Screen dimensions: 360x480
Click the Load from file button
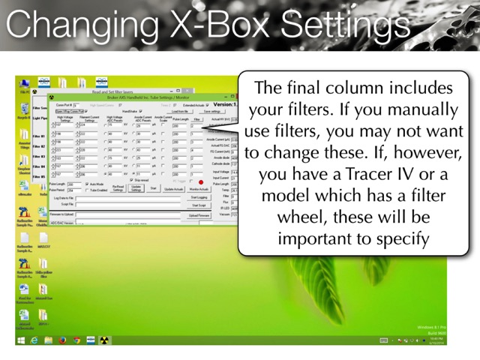(x=181, y=111)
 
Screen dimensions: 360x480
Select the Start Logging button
(x=199, y=197)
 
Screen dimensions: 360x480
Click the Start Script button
(x=199, y=205)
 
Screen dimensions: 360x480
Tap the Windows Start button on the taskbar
(x=21, y=339)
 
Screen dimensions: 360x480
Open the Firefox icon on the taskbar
(x=61, y=339)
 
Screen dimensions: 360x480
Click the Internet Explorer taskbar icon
(x=34, y=339)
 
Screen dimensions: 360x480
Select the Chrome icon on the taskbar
(x=75, y=339)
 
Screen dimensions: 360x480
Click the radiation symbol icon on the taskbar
(x=103, y=339)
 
